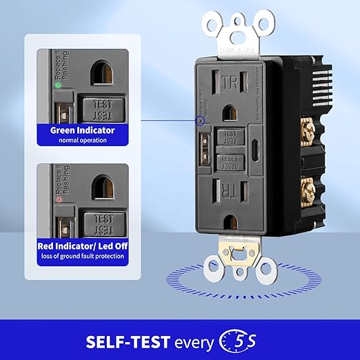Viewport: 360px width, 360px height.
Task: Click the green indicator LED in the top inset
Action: pyautogui.click(x=57, y=86)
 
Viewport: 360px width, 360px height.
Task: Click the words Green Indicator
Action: pyautogui.click(x=81, y=129)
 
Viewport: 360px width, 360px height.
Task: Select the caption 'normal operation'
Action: pyautogui.click(x=81, y=140)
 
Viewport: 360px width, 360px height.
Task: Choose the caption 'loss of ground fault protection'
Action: pyautogui.click(x=81, y=257)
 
